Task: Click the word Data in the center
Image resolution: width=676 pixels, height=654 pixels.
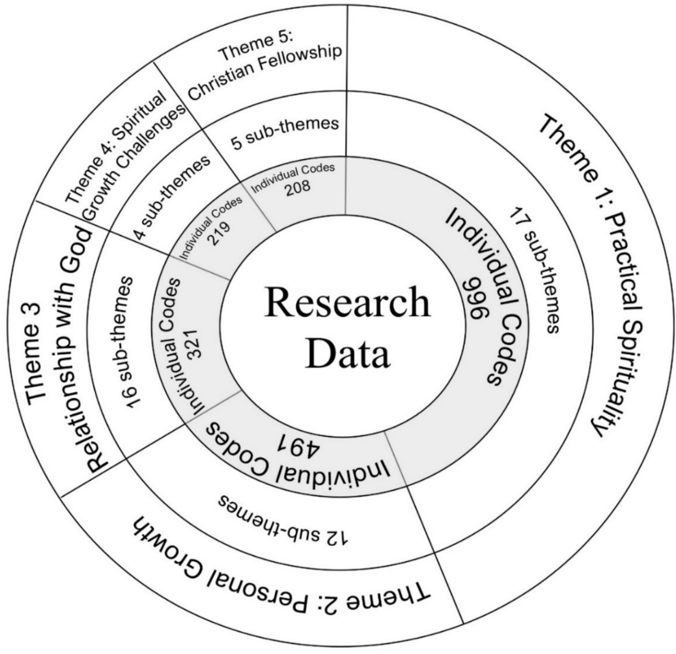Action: (x=347, y=353)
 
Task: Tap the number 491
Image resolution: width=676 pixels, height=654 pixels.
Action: (x=299, y=446)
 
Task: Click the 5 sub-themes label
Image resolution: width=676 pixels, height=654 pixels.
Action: (x=285, y=133)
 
